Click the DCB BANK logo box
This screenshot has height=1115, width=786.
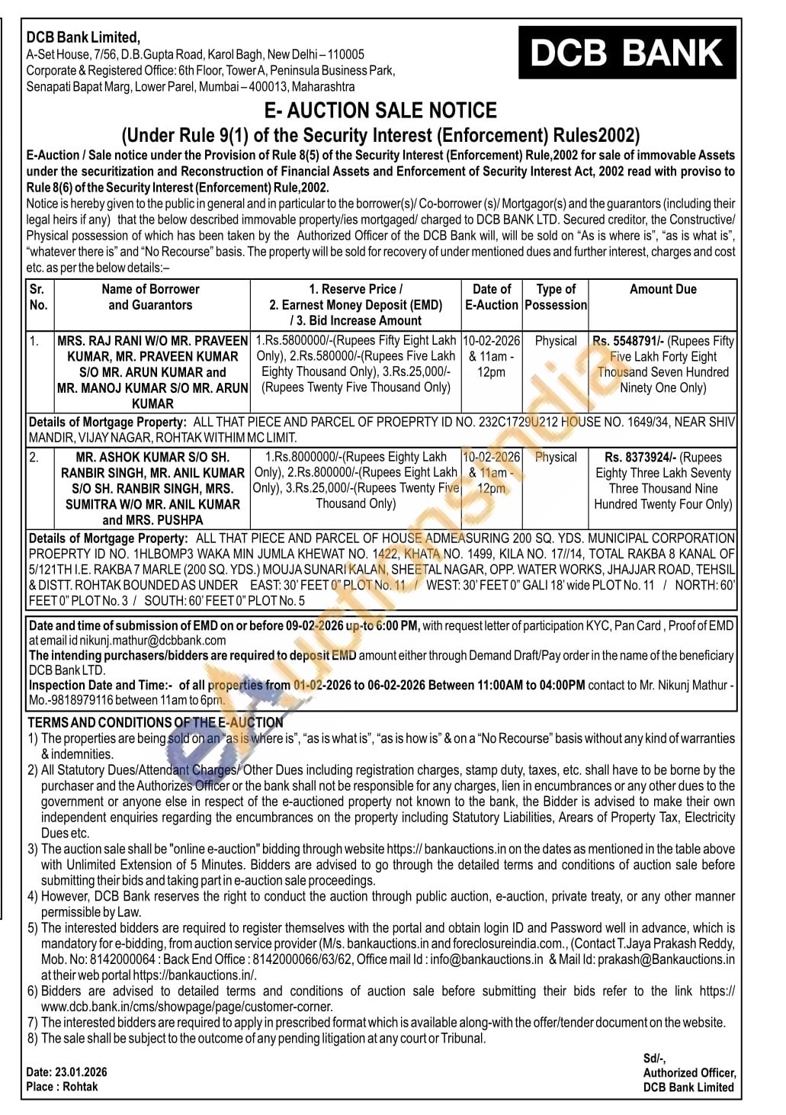627,53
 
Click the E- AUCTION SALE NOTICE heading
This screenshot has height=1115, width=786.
380,111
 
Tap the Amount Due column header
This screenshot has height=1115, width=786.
662,290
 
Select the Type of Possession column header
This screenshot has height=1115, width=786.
556,297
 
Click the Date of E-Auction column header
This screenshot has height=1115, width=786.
492,297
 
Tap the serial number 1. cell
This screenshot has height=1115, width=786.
36,341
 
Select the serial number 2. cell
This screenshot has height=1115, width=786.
35,458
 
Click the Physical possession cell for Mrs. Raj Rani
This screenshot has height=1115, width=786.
556,341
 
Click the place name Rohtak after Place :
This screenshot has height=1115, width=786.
81,1087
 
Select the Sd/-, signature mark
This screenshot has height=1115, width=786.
654,1058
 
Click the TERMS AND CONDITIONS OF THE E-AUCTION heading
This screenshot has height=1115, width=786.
156,722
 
